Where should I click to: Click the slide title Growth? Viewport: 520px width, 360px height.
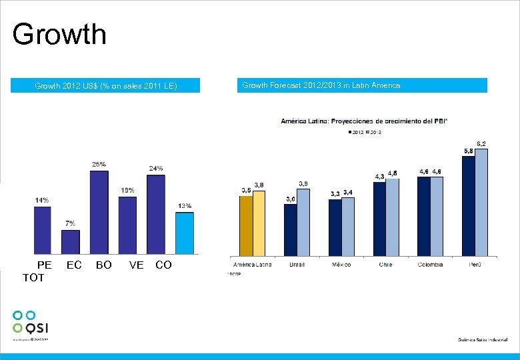click(x=59, y=34)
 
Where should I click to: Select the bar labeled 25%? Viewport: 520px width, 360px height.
click(x=99, y=212)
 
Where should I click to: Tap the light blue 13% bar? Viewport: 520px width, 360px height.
click(x=185, y=233)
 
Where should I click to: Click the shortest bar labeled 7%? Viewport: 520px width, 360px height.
click(x=70, y=241)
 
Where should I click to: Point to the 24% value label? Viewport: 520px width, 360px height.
click(x=155, y=168)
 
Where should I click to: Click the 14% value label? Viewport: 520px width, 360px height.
click(x=42, y=199)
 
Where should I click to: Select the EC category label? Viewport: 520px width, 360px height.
click(x=74, y=265)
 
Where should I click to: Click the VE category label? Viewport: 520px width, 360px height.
click(x=136, y=265)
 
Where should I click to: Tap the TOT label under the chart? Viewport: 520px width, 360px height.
click(x=33, y=277)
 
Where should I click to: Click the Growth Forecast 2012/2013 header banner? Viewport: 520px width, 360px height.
click(x=363, y=85)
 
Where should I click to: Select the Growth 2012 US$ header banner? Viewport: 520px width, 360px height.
click(x=105, y=85)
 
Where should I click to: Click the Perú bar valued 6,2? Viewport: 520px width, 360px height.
click(x=481, y=202)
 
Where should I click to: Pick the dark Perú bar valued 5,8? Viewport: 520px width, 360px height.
click(x=468, y=206)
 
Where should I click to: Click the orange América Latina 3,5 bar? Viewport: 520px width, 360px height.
click(x=246, y=226)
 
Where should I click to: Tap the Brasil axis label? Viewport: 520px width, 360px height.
click(x=297, y=265)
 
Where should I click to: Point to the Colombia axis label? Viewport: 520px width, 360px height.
click(x=430, y=265)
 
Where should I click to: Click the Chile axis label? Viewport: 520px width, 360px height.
click(x=385, y=265)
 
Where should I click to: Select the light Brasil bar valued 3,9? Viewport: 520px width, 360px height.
click(x=303, y=222)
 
